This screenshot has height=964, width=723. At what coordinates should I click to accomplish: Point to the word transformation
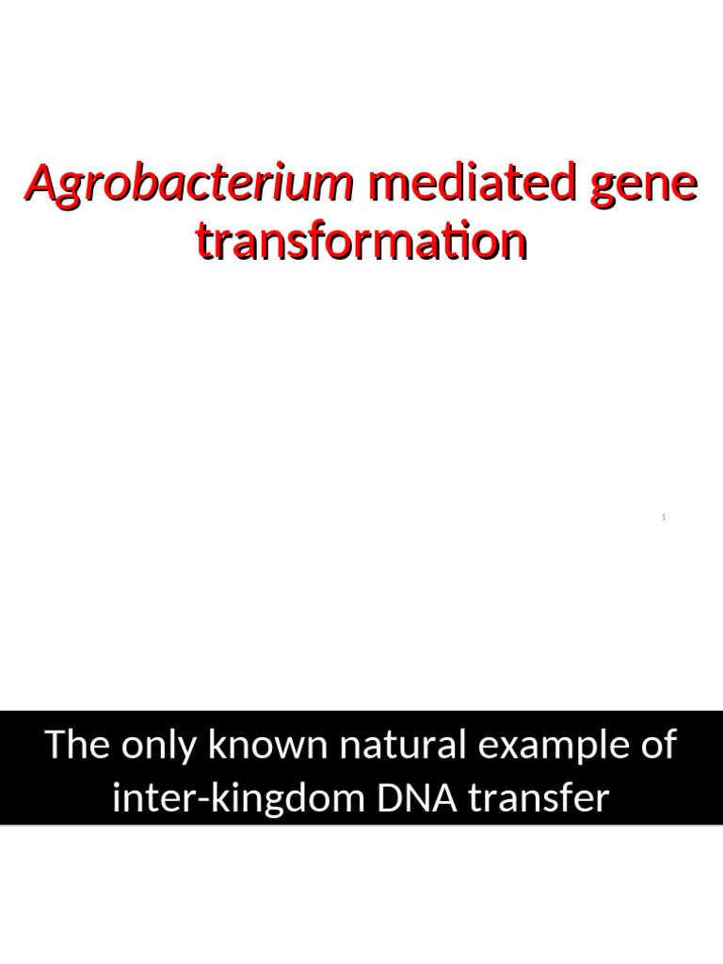[x=361, y=242]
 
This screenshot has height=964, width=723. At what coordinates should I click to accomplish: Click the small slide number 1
[x=664, y=518]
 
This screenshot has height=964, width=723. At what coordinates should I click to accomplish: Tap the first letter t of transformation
[x=204, y=243]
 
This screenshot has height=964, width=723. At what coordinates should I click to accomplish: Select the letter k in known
[x=217, y=745]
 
